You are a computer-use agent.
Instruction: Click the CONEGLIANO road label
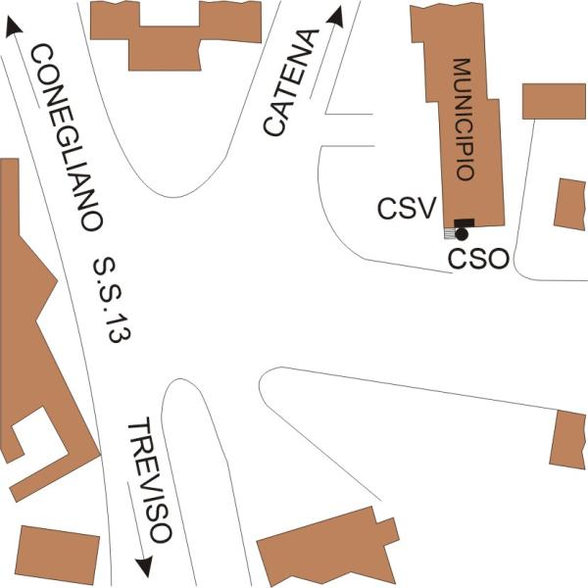point(66,137)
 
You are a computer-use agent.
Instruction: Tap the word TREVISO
point(150,479)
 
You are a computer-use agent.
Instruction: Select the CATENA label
point(291,82)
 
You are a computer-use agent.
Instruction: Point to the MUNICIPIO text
point(465,120)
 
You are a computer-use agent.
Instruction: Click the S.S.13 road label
point(112,300)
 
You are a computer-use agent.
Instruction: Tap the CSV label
point(407,208)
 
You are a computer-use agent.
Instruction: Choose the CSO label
point(479,259)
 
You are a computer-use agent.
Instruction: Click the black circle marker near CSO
point(462,234)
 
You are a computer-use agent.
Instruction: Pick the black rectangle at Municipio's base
point(465,223)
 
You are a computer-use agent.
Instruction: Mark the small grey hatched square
point(449,233)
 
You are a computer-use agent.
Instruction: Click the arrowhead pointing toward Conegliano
point(14,27)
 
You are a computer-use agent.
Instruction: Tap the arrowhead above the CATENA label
point(335,17)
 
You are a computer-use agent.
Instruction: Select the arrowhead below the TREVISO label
point(145,566)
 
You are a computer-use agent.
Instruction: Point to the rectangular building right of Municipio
point(554,101)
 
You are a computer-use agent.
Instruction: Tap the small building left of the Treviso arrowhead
point(58,555)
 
